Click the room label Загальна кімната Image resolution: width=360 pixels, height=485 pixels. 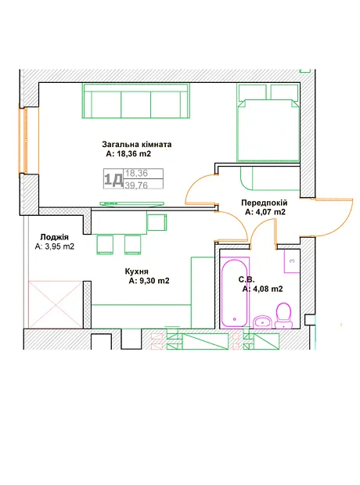click(x=137, y=145)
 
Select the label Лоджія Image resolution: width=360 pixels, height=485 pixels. click(x=54, y=237)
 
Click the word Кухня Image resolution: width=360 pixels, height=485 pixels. click(x=136, y=271)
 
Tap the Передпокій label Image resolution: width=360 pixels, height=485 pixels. click(x=265, y=203)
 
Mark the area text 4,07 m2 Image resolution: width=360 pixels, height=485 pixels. click(x=270, y=212)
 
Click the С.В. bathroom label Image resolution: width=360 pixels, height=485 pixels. click(x=247, y=280)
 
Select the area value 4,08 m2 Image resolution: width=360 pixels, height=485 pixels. click(x=268, y=289)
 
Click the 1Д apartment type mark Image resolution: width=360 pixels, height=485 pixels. click(x=113, y=179)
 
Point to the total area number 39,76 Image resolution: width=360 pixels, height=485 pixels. click(x=136, y=185)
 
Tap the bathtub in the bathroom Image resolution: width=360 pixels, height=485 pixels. click(x=234, y=293)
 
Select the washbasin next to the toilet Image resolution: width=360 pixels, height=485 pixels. click(x=262, y=322)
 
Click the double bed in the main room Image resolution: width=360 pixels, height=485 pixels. click(x=268, y=130)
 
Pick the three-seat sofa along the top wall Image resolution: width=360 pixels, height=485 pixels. click(x=135, y=101)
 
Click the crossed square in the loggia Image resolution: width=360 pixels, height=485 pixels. click(x=56, y=304)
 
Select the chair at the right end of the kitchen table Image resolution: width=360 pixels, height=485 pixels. click(x=157, y=222)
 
